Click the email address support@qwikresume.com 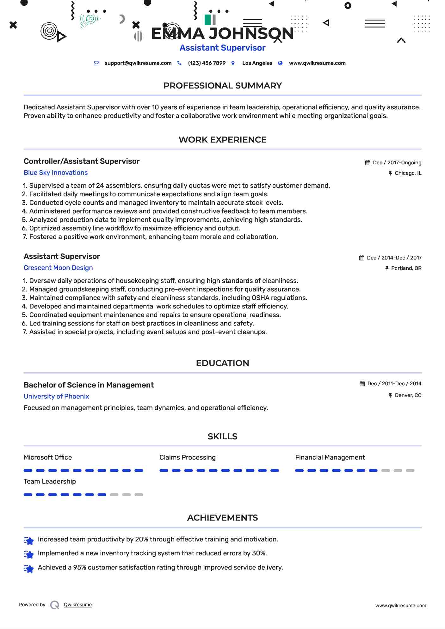138,63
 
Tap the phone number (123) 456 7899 207,63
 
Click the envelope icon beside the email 96,63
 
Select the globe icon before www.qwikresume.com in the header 280,63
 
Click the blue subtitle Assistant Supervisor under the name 222,48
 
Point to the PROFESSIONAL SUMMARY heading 222,86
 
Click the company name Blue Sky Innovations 56,173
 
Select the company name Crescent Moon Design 58,268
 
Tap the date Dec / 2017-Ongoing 397,163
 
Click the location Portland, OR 406,268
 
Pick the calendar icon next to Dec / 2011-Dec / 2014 362,384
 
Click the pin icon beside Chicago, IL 390,173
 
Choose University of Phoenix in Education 56,396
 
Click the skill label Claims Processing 187,457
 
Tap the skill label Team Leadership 50,481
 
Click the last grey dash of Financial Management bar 410,471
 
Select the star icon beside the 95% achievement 29,569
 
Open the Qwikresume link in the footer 78,605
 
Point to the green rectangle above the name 207,20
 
